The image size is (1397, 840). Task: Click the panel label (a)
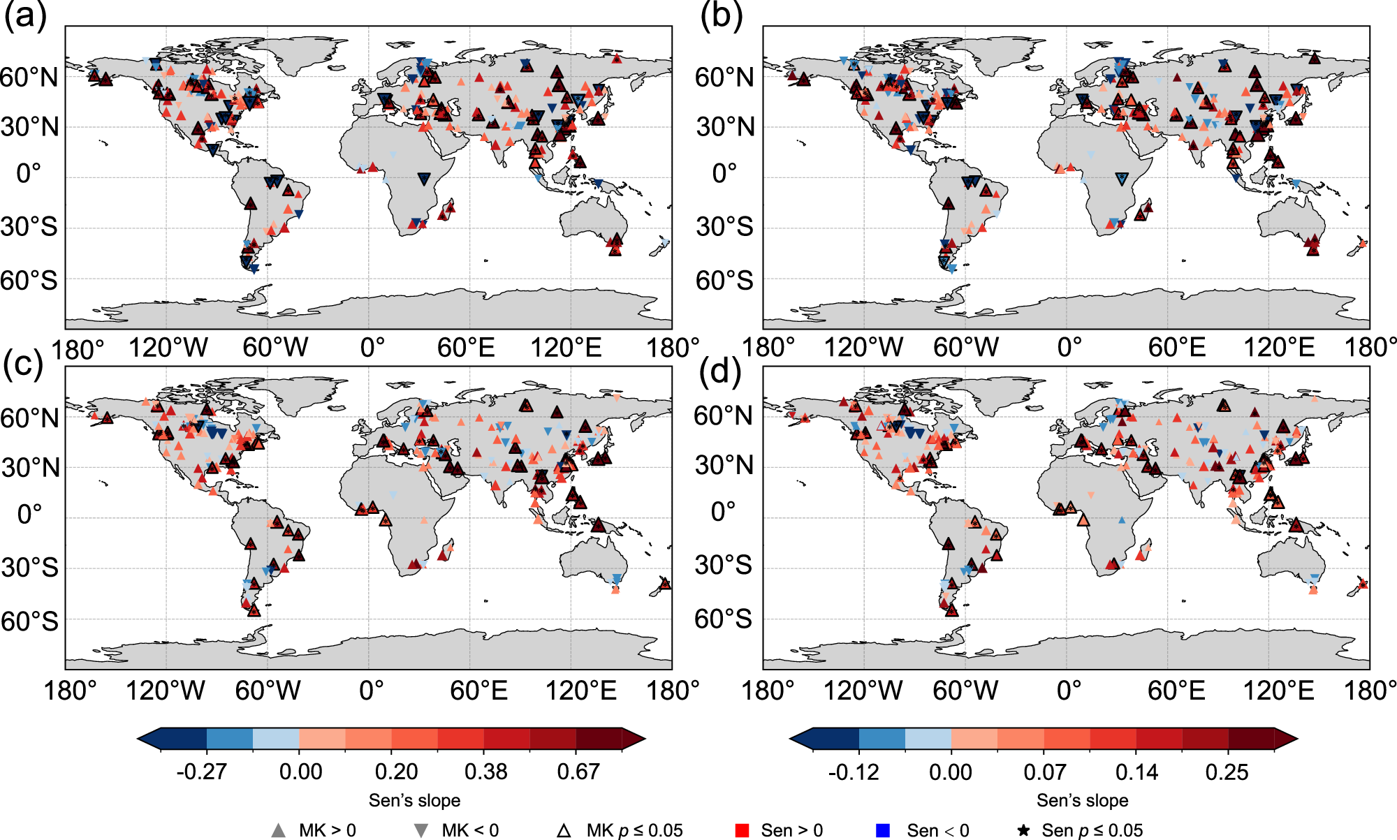pyautogui.click(x=25, y=15)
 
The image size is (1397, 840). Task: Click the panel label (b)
pyautogui.click(x=721, y=15)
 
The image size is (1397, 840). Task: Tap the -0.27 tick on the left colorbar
pyautogui.click(x=202, y=772)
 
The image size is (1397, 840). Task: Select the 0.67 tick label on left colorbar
pyautogui.click(x=578, y=772)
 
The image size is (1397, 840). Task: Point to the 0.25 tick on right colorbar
pyautogui.click(x=1227, y=772)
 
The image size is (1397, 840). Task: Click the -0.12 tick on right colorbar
pyautogui.click(x=854, y=772)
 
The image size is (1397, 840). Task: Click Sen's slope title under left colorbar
pyautogui.click(x=414, y=800)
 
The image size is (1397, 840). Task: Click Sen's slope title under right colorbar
pyautogui.click(x=1082, y=800)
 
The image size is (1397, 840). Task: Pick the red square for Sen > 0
pyautogui.click(x=743, y=830)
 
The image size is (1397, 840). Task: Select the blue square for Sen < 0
pyautogui.click(x=883, y=830)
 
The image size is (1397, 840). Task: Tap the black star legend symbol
pyautogui.click(x=1023, y=830)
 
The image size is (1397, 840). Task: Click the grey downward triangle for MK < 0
pyautogui.click(x=421, y=831)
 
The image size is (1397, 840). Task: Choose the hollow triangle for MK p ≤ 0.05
pyautogui.click(x=564, y=830)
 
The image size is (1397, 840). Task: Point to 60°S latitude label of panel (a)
pyautogui.click(x=29, y=281)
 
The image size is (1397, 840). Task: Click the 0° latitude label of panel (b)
pyautogui.click(x=724, y=173)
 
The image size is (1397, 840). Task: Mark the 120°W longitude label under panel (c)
pyautogui.click(x=166, y=691)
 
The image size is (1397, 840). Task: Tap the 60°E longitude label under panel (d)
pyautogui.click(x=1176, y=691)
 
